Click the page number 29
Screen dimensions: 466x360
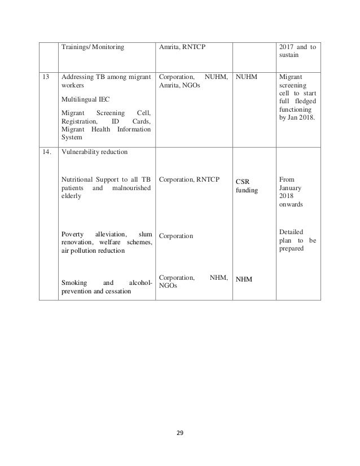pos(181,434)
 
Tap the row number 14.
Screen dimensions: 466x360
pos(47,152)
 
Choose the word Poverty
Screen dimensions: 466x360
pos(75,234)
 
